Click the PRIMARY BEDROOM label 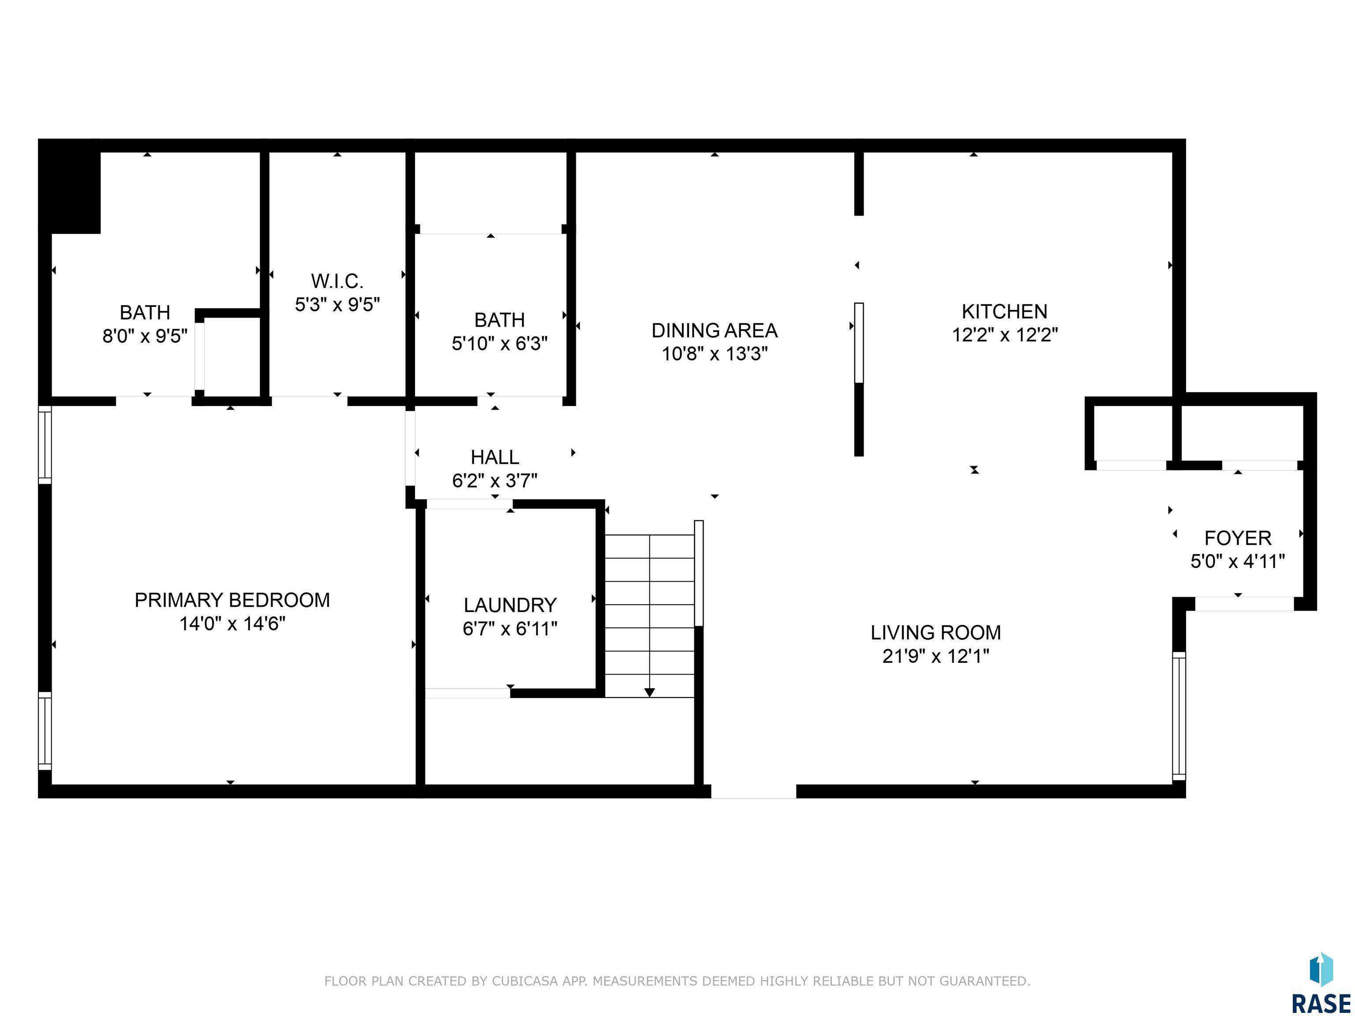pos(232,600)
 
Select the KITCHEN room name pos(1005,312)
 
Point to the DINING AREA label pos(714,331)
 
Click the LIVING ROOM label pos(936,633)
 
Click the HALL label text pos(495,457)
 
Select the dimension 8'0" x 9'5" pos(145,336)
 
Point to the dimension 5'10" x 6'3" pos(500,344)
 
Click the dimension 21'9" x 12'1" pos(936,657)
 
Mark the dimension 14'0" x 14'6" pos(232,624)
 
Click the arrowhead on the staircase pos(649,693)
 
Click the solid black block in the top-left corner pos(69,186)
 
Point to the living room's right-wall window pos(1179,716)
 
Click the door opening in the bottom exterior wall pos(753,791)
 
